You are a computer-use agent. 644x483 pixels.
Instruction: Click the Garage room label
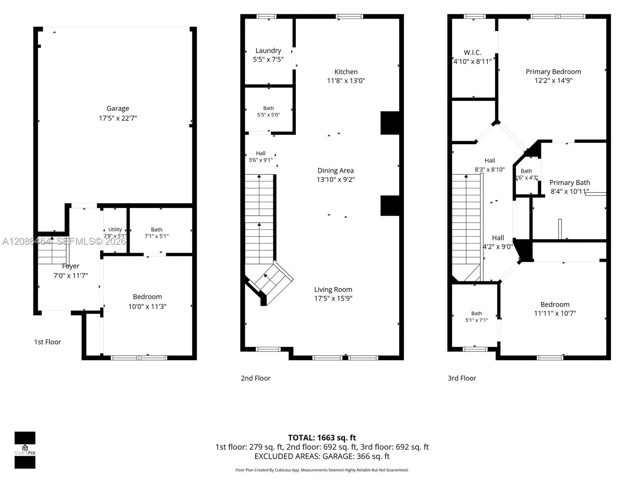click(x=118, y=109)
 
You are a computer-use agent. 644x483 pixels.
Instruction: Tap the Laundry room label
click(x=268, y=51)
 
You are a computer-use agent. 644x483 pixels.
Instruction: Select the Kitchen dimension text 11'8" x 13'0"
click(x=346, y=80)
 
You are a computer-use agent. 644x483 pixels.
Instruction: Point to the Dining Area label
click(x=336, y=171)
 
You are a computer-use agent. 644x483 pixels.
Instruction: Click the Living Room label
click(x=333, y=290)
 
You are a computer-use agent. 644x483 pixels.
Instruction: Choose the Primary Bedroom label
click(x=553, y=72)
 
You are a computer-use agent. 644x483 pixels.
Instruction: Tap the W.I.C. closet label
click(x=473, y=52)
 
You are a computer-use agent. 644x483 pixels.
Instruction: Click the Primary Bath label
click(x=570, y=183)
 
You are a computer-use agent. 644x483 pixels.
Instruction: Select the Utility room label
click(x=115, y=229)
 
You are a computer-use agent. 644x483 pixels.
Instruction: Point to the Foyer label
click(x=71, y=266)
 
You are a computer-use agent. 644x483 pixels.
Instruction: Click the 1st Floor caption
click(x=47, y=342)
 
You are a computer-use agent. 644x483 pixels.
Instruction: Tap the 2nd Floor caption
click(x=256, y=378)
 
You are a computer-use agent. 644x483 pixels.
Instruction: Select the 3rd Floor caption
click(x=462, y=378)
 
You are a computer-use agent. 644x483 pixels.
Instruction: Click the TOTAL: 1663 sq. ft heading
click(x=322, y=438)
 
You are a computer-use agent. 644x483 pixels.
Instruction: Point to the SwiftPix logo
click(x=25, y=450)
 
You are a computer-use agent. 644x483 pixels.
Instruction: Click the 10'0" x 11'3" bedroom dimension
click(x=147, y=307)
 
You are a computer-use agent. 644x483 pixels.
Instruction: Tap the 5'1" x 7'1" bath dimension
click(x=477, y=320)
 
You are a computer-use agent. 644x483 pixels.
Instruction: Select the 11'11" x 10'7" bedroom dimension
click(x=555, y=314)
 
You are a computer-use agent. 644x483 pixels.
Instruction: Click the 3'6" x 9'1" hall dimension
click(x=260, y=160)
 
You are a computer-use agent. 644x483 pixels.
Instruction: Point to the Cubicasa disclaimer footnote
click(x=322, y=470)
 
